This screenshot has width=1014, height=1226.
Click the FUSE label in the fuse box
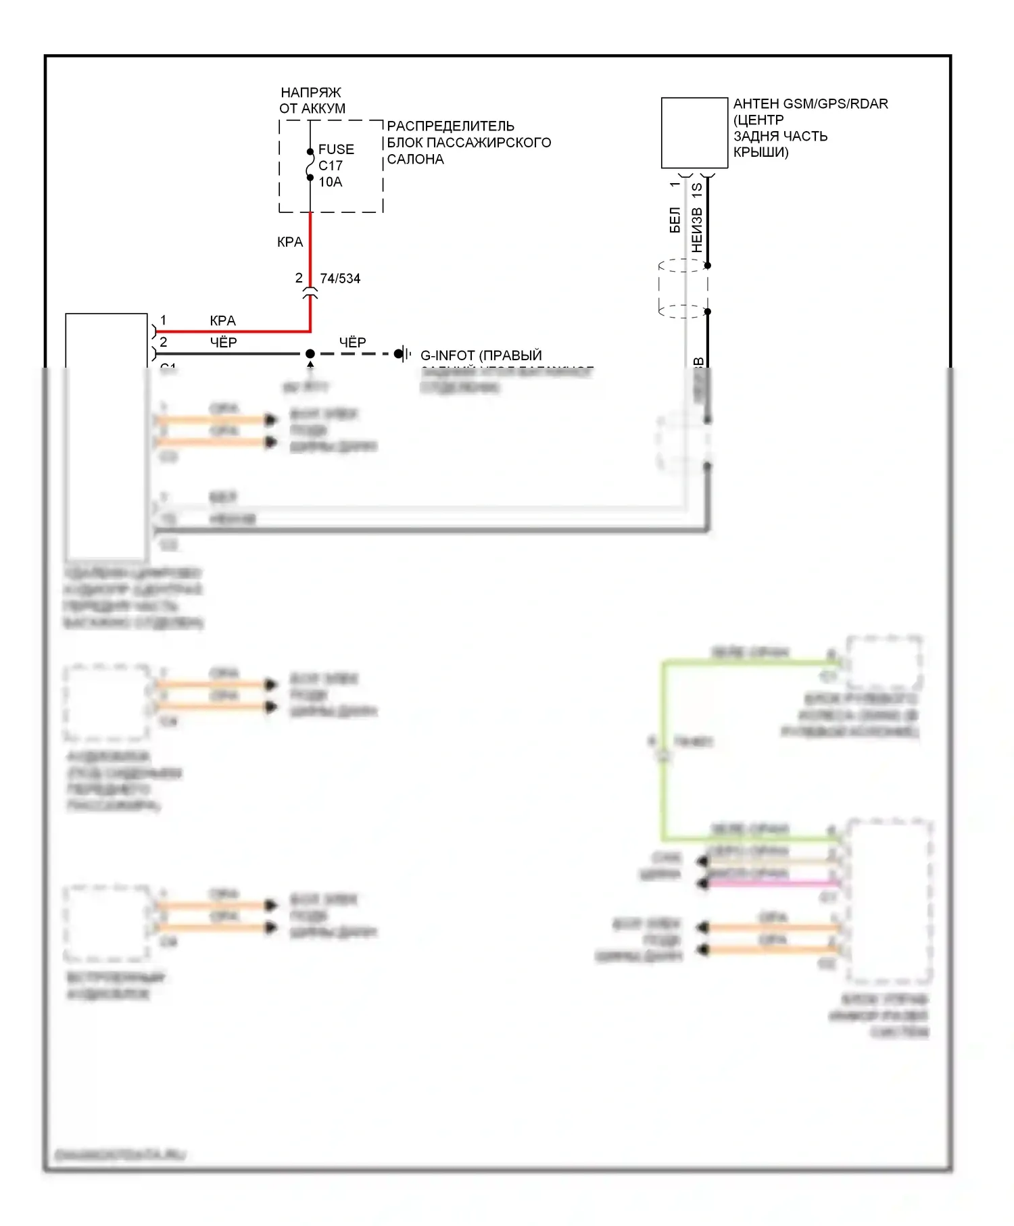[336, 149]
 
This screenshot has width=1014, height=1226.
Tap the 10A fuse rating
[331, 182]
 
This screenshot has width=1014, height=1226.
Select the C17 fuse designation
[331, 166]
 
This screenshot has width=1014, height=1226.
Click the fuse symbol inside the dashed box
[310, 165]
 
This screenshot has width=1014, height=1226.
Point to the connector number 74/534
[340, 278]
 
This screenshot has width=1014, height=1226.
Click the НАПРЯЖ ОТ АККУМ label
[312, 100]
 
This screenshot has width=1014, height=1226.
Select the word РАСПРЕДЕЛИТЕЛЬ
[450, 126]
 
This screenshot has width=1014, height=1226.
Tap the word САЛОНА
[415, 160]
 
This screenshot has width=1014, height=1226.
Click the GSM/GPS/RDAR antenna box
[694, 133]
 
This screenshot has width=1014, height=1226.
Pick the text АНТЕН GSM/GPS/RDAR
[811, 104]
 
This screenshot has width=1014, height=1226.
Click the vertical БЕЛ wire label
[675, 220]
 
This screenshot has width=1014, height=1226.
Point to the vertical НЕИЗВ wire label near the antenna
[697, 230]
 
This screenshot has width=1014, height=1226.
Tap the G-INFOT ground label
[481, 355]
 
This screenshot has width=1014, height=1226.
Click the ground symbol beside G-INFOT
[404, 353]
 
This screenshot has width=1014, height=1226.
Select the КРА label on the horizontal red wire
[222, 321]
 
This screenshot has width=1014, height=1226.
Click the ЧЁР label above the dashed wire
[352, 343]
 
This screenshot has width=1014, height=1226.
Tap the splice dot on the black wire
[310, 353]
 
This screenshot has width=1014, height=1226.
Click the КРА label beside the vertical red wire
[290, 242]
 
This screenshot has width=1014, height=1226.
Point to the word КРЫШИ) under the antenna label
[760, 152]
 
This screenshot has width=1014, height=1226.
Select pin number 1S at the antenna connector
[697, 190]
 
